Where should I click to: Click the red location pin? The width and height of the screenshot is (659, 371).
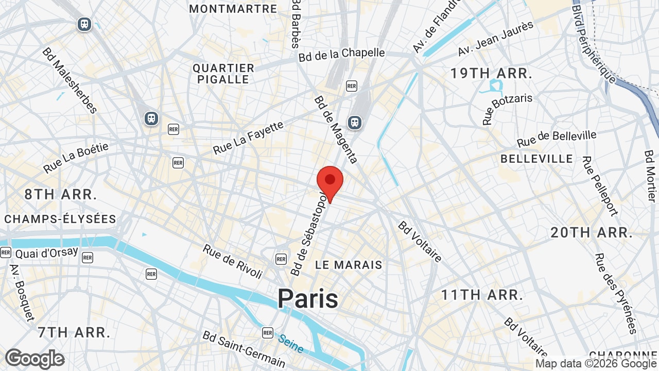(330, 181)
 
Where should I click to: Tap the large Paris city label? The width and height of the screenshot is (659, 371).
(308, 299)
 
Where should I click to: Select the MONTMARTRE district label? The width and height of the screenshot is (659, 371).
(233, 9)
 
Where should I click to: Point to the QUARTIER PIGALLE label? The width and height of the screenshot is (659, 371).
(223, 74)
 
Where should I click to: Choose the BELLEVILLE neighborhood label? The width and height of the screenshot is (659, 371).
(536, 159)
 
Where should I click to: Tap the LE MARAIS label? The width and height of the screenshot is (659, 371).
(349, 265)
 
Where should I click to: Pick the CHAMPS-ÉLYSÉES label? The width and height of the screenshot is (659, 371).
(61, 219)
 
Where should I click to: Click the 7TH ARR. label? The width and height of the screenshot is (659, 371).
(74, 332)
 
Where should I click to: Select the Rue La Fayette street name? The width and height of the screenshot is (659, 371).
(249, 138)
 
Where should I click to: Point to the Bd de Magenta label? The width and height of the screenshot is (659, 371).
(336, 129)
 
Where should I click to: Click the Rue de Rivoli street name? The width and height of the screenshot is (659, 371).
(233, 261)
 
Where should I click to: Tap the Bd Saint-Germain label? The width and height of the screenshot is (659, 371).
(244, 349)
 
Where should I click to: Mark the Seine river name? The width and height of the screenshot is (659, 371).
(291, 344)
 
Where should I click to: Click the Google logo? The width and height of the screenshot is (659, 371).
(34, 359)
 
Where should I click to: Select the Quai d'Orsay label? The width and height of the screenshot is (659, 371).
(46, 253)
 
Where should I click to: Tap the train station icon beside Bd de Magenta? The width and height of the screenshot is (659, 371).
(354, 122)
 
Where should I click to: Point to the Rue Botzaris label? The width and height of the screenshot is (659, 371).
(507, 109)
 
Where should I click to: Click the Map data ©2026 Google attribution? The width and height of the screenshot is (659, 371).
(596, 364)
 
